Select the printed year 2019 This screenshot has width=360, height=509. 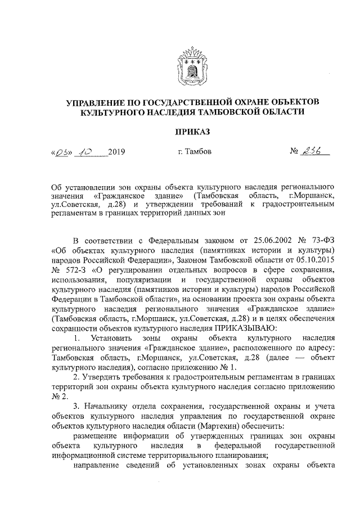[x=116, y=152]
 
